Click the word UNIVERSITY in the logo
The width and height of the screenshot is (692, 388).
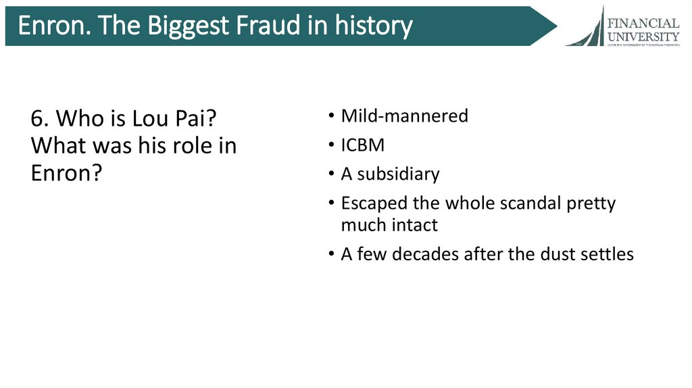pyautogui.click(x=643, y=36)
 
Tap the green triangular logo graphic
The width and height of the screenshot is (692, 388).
pyautogui.click(x=589, y=28)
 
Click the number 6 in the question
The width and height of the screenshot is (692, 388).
pyautogui.click(x=37, y=119)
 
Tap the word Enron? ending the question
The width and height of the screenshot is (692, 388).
pyautogui.click(x=66, y=174)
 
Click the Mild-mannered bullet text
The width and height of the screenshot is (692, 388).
pyautogui.click(x=404, y=116)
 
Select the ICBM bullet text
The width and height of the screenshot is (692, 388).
pyautogui.click(x=363, y=145)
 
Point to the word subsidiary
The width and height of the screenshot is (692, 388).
pyautogui.click(x=398, y=174)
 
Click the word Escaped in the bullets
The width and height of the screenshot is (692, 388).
pyautogui.click(x=370, y=203)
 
